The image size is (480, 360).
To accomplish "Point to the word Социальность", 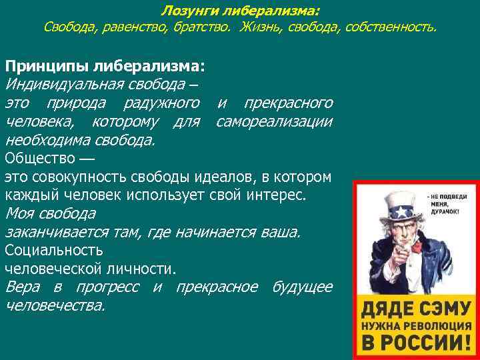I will pos(54,251).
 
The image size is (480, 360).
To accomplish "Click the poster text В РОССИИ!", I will pos(415,343).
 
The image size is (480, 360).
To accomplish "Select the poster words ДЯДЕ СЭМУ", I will pos(415,309).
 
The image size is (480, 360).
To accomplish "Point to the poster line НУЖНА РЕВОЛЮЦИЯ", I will pos(415,327).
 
